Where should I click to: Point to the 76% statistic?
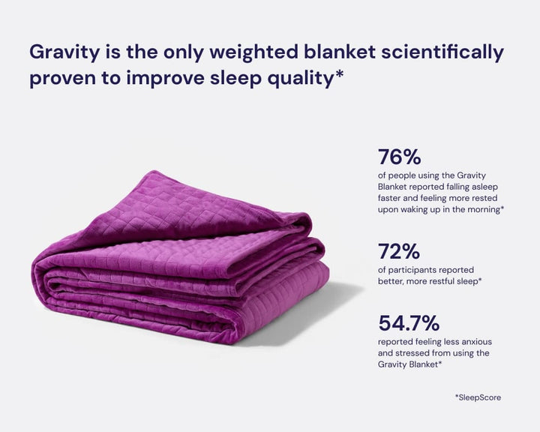pyautogui.click(x=399, y=157)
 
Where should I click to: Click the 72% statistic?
pyautogui.click(x=398, y=251)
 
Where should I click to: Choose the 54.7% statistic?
pyautogui.click(x=409, y=323)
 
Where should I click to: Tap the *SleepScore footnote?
pyautogui.click(x=478, y=397)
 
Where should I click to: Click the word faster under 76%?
pyautogui.click(x=392, y=199)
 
